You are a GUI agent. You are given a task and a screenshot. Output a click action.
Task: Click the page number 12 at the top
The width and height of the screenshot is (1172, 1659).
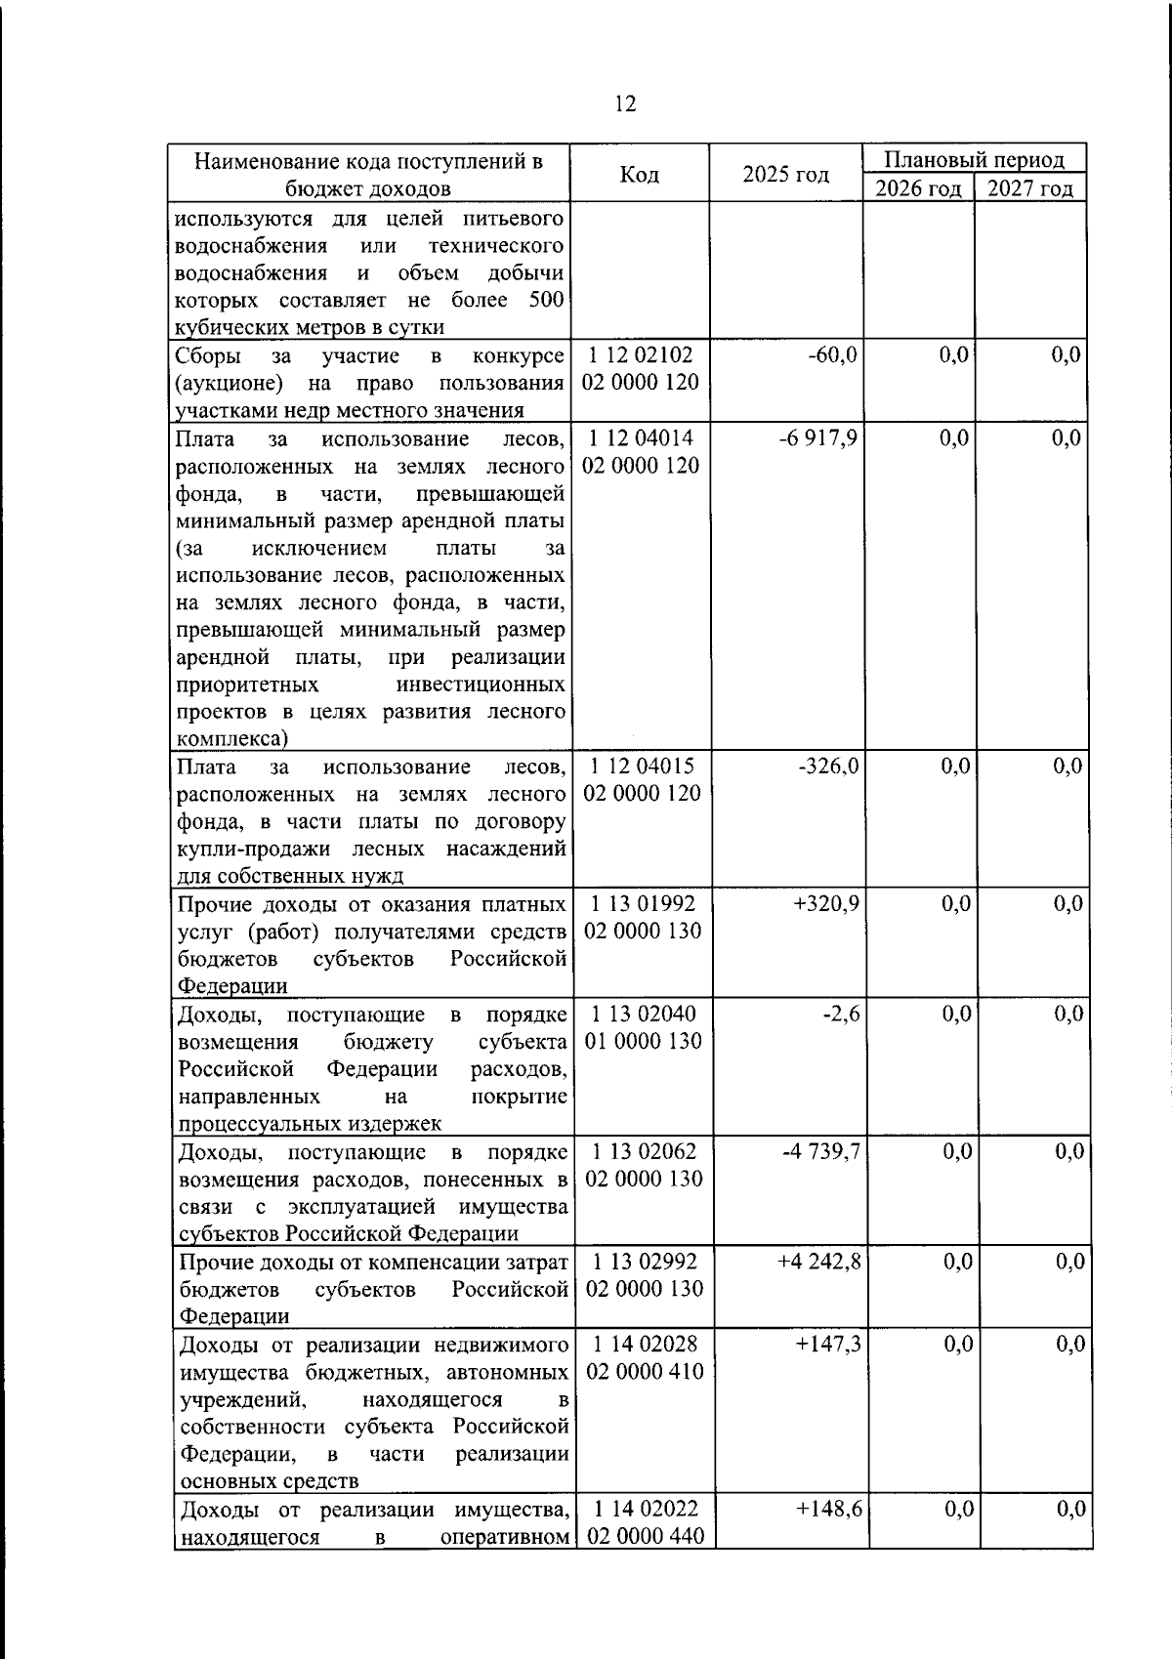pyautogui.click(x=625, y=104)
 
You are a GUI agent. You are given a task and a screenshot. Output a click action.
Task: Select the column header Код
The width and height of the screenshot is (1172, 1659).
pyautogui.click(x=640, y=174)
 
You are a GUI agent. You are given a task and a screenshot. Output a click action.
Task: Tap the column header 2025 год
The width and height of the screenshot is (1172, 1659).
pyautogui.click(x=785, y=174)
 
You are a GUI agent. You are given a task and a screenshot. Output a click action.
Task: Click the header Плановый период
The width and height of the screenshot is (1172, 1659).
pyautogui.click(x=974, y=159)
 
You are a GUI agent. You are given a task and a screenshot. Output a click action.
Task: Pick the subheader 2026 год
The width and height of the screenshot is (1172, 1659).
pyautogui.click(x=918, y=188)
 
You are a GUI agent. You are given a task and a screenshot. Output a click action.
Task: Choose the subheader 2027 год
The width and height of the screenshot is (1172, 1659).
pyautogui.click(x=1030, y=188)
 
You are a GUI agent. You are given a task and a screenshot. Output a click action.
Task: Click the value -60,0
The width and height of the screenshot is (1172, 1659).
pyautogui.click(x=832, y=354)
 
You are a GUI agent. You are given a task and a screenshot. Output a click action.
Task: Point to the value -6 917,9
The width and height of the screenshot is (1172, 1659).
pyautogui.click(x=818, y=437)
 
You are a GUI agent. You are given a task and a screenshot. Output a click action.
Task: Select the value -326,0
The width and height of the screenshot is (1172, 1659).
pyautogui.click(x=828, y=766)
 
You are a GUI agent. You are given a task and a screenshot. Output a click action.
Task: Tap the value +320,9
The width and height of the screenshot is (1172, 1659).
pyautogui.click(x=826, y=903)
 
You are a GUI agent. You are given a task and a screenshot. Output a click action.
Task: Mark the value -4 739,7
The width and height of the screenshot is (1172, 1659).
pyautogui.click(x=820, y=1151)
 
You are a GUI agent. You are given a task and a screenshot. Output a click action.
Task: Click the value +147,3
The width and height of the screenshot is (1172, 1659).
pyautogui.click(x=828, y=1345)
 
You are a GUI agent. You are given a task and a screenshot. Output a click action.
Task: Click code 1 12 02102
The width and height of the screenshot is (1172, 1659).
pyautogui.click(x=641, y=354)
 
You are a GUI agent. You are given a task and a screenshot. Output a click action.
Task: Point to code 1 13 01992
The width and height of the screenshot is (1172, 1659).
pyautogui.click(x=643, y=903)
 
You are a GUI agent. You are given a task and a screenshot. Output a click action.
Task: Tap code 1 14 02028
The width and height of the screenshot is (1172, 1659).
pyautogui.click(x=645, y=1345)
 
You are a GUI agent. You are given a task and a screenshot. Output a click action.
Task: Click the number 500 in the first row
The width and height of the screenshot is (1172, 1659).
pyautogui.click(x=546, y=300)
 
